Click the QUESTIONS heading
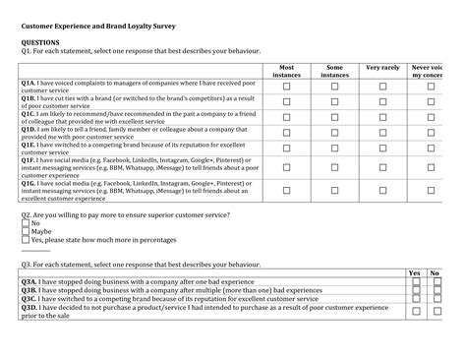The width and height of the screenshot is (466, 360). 40,43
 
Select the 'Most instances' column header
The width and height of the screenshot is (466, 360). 286,71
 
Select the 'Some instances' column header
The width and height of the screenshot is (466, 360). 334,71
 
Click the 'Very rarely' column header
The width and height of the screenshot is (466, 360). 382,68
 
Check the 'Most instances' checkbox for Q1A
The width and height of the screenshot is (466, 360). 286,87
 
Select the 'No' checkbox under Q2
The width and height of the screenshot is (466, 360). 26,223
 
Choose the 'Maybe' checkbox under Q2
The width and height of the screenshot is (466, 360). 26,231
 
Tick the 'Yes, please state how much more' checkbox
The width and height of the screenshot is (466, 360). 26,240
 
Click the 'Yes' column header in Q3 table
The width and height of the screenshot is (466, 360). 415,272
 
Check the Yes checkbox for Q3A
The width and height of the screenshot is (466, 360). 416,281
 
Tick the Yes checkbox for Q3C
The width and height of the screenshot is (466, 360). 416,299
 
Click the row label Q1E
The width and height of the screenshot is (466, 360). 29,144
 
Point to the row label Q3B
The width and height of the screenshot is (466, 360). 29,290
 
